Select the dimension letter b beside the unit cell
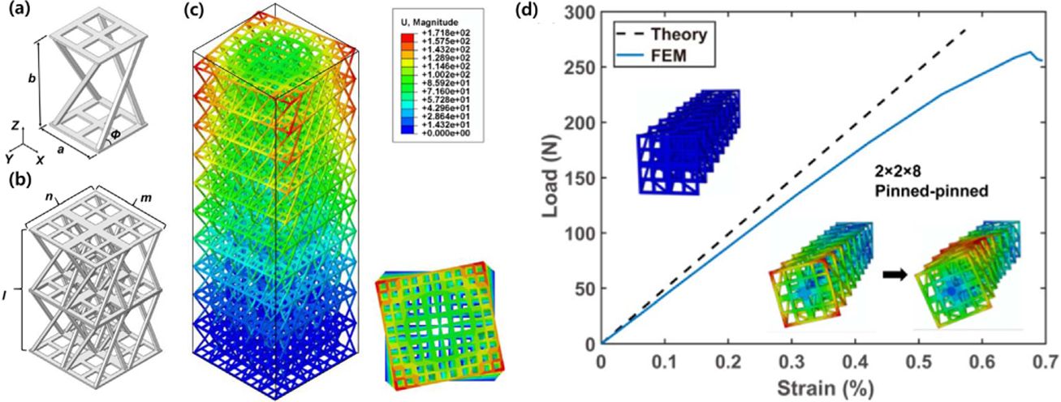pyautogui.click(x=31, y=79)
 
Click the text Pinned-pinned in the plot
pyautogui.click(x=915, y=191)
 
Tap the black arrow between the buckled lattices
pyautogui.click(x=894, y=274)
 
